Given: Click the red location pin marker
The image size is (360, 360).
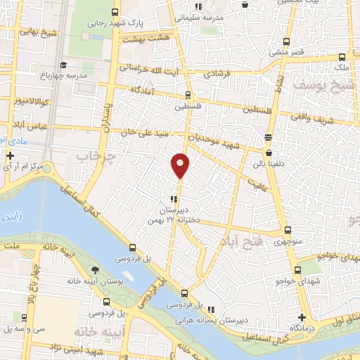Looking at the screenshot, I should click(x=181, y=165).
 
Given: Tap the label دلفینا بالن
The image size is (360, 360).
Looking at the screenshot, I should click(x=268, y=166).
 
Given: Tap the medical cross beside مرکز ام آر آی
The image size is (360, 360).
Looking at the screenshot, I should click(x=10, y=155).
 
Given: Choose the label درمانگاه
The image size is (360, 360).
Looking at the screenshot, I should click(x=302, y=328).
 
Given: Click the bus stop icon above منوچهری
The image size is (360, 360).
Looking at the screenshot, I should click(x=288, y=230).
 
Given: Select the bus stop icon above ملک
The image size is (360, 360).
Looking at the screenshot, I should click(x=342, y=57).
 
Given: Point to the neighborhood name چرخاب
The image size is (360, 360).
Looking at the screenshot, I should click(x=94, y=155).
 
